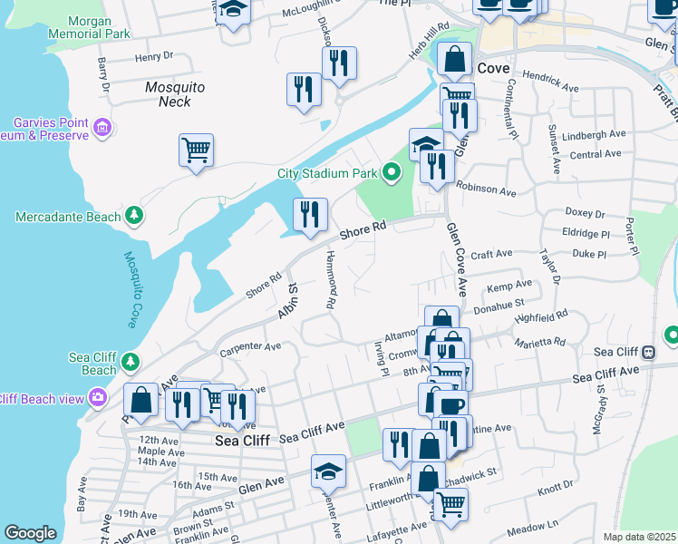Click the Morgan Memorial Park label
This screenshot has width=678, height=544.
tap(95, 27)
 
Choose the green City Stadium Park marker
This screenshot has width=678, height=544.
tap(392, 170)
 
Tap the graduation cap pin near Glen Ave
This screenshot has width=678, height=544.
tap(328, 471)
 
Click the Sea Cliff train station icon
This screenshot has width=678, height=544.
tap(648, 352)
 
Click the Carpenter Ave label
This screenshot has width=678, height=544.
tap(251, 346)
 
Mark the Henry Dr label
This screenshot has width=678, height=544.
tap(153, 57)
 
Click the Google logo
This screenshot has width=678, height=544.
tap(30, 533)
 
